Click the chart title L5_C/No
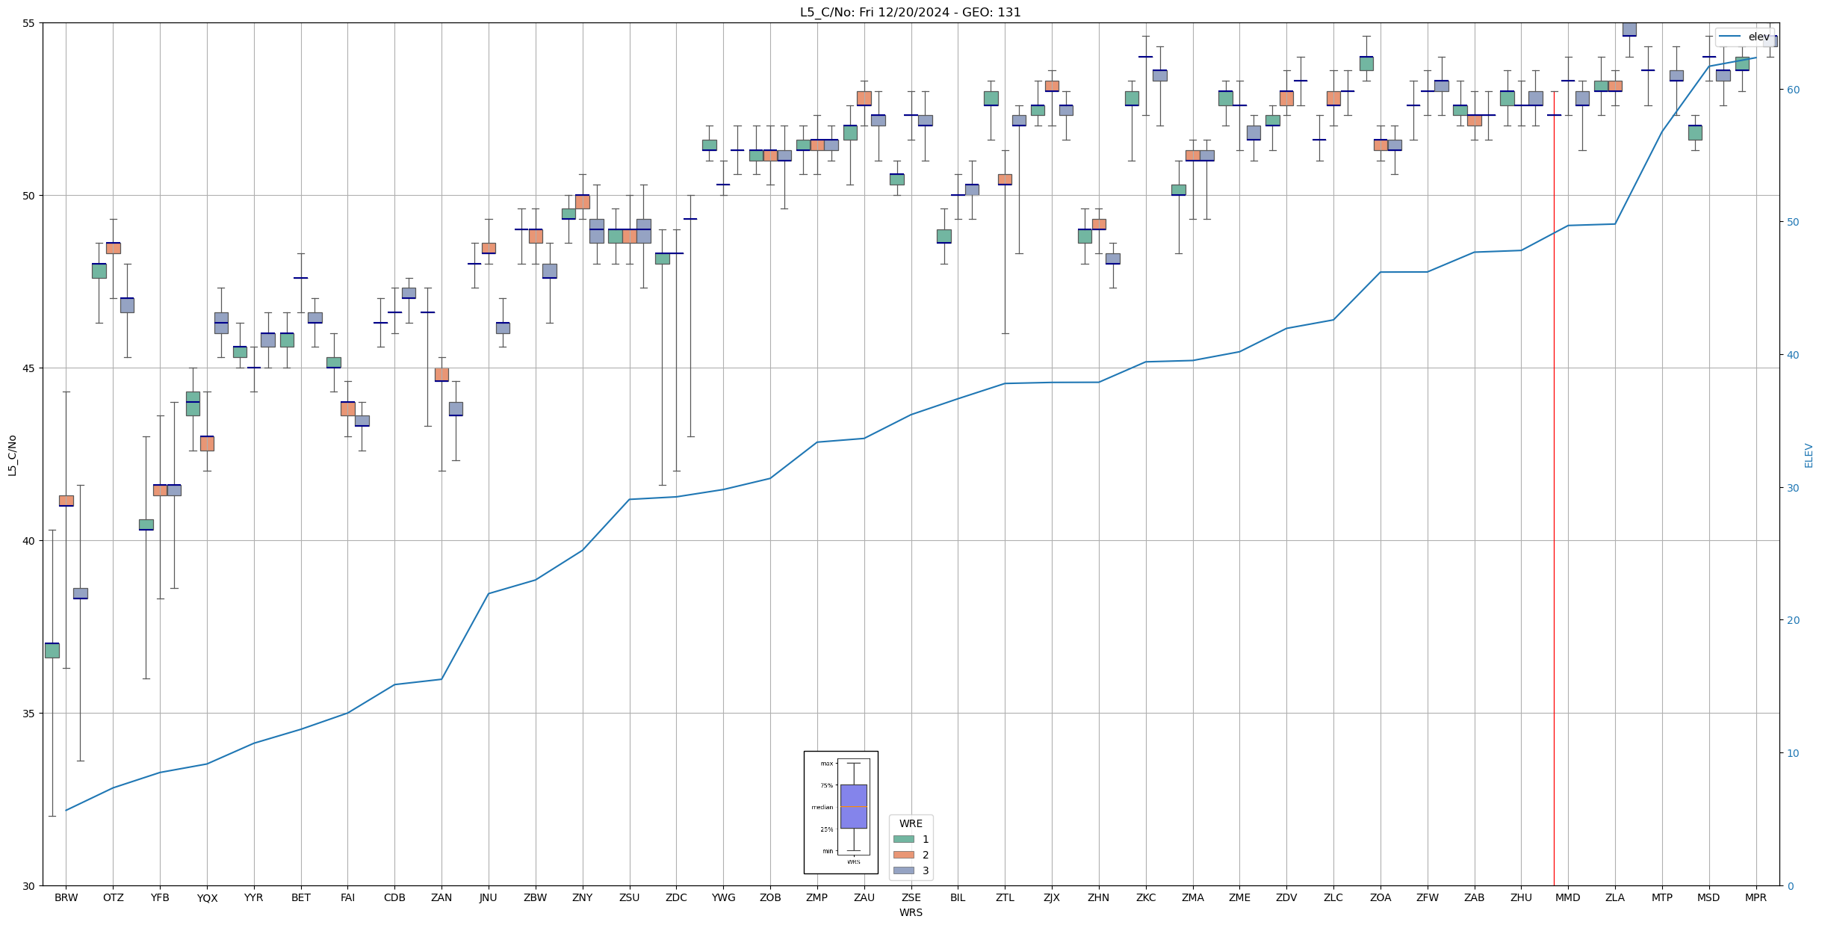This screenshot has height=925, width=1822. (x=910, y=12)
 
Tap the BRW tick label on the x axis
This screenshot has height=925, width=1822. (x=66, y=897)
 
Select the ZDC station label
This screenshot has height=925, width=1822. (x=676, y=897)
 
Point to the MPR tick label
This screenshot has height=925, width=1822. (x=1756, y=897)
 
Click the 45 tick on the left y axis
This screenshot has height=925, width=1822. (x=29, y=368)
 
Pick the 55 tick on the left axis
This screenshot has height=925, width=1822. (x=29, y=23)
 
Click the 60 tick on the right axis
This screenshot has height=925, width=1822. (x=1792, y=90)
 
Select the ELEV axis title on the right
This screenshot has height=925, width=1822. (x=1809, y=455)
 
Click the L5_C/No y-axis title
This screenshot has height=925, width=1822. (x=12, y=455)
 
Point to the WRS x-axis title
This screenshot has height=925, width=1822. (x=911, y=912)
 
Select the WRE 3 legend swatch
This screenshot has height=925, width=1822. (x=904, y=870)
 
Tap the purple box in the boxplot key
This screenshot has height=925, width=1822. (x=853, y=806)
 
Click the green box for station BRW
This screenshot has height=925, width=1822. (x=52, y=650)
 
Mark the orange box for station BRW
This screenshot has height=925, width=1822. (x=66, y=501)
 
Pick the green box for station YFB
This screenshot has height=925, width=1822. (x=146, y=525)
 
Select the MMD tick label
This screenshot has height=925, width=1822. (x=1567, y=897)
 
